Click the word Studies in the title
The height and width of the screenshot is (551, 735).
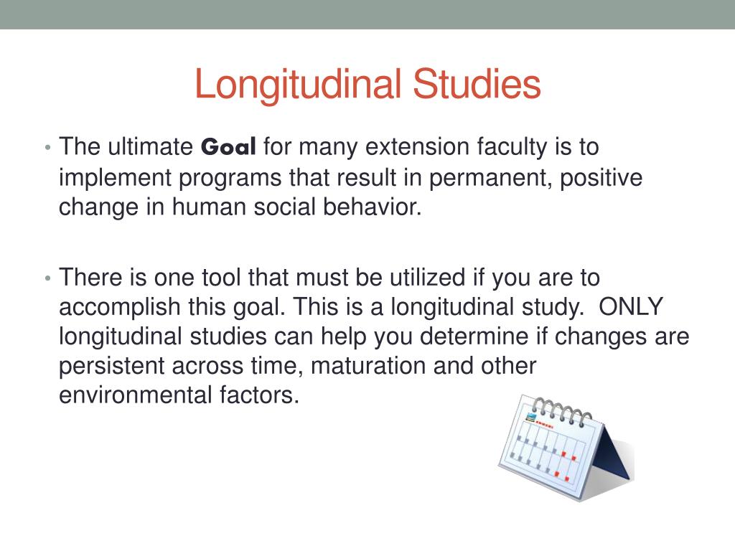(x=477, y=85)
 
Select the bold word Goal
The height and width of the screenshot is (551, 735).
(x=228, y=147)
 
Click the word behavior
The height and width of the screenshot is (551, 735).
(x=370, y=207)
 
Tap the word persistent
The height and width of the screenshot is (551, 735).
(x=111, y=366)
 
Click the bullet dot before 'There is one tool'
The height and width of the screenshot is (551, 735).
(x=47, y=278)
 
